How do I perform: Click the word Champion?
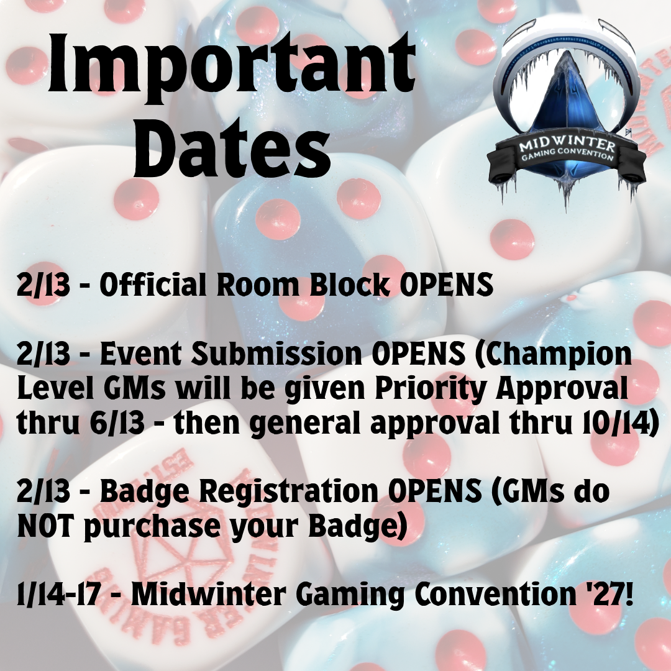(x=553, y=355)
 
